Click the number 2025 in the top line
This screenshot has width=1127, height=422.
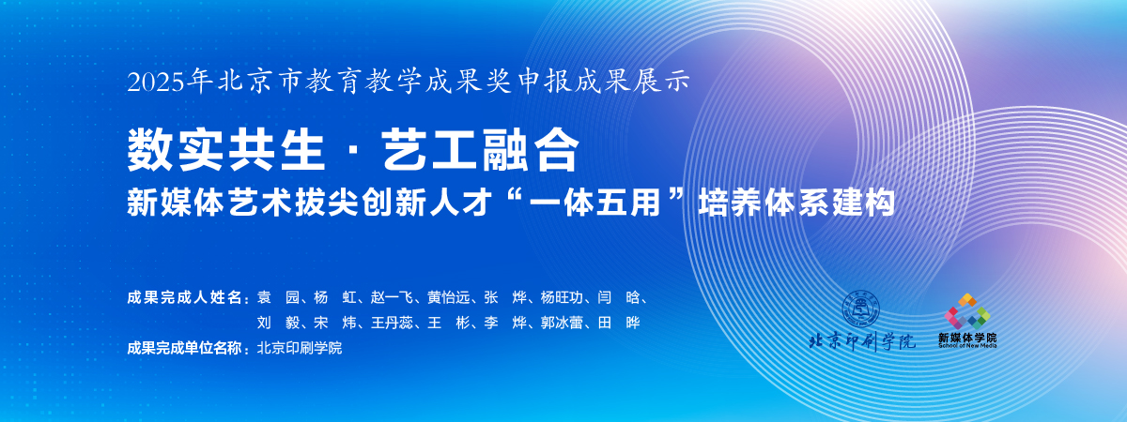156,82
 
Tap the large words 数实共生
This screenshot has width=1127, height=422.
225,150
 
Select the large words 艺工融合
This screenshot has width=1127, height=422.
481,150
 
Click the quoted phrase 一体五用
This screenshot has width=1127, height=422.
611,203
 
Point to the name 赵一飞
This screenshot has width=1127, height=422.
392,297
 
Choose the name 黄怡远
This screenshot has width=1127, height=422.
448,297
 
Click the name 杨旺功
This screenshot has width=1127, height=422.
562,297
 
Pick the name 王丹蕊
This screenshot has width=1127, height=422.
392,323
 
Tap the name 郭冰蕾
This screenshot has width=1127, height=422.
562,323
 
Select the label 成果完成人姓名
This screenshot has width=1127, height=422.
185,297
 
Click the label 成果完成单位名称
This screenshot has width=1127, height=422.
185,348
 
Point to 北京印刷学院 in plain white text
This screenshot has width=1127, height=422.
300,348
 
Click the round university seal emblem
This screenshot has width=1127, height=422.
861,309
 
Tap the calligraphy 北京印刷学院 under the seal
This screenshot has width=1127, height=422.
862,342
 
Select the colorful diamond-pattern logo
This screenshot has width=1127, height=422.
967,311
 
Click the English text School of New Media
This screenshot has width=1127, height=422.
967,346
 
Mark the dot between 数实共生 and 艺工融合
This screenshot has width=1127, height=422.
353,151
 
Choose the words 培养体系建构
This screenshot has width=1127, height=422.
796,203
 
